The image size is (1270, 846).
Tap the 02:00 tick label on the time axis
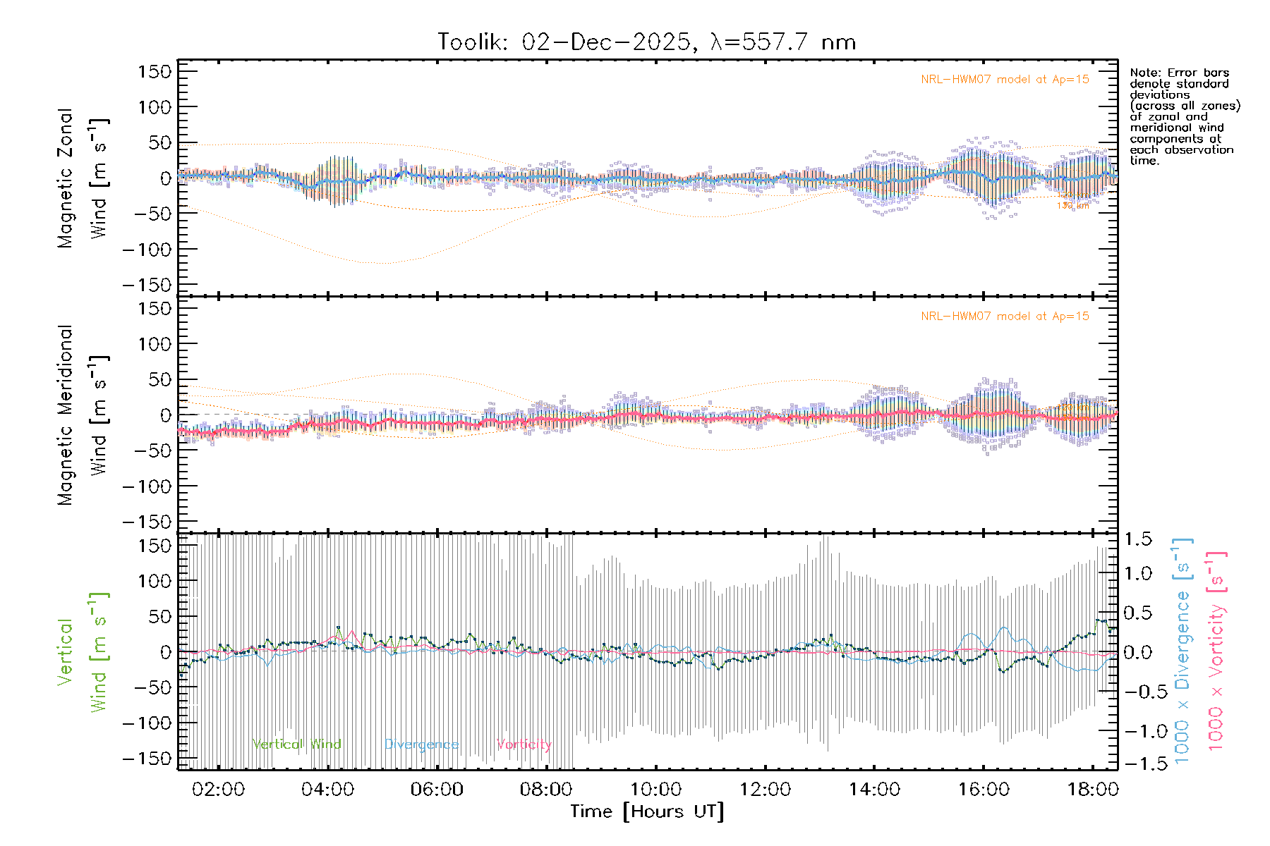coord(218,789)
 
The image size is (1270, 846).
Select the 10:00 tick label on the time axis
coord(655,789)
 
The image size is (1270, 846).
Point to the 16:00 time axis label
coord(984,789)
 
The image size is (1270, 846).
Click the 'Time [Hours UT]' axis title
coord(647,811)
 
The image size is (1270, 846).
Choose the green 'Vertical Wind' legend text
coord(296,744)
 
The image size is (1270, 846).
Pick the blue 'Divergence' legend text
coord(421,744)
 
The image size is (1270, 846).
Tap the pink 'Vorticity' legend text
coord(524,744)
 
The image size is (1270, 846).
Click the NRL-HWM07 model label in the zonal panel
coord(1005,80)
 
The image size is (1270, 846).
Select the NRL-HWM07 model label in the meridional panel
coord(1005,317)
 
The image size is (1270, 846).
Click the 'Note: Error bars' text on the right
coord(1179,73)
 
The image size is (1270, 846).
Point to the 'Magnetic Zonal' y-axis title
coord(66,178)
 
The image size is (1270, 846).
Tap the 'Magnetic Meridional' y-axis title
coord(66,415)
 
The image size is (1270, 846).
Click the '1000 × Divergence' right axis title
coord(1183,651)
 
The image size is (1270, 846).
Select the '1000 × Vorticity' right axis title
coord(1216,651)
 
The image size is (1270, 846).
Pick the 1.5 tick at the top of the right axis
coord(1137,539)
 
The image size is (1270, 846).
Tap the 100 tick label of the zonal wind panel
coord(155,107)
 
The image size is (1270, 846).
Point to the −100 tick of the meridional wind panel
coord(147,486)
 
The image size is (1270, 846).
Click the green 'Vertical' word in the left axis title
coord(65,651)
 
